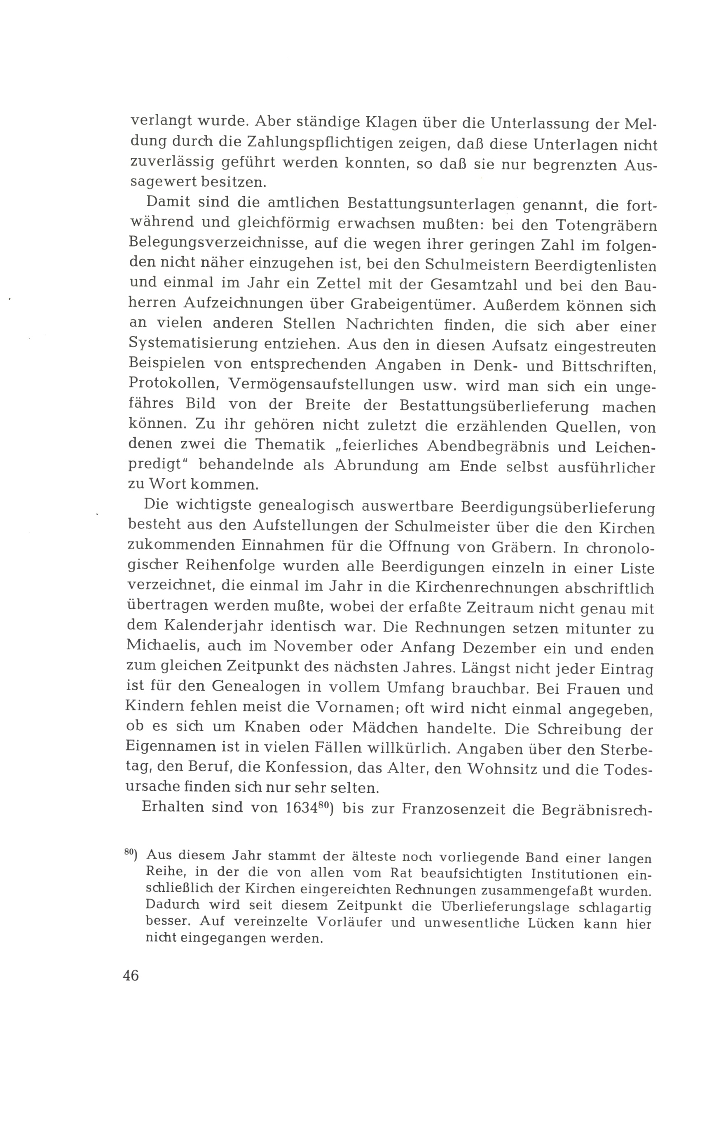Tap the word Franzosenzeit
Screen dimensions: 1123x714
454,808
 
